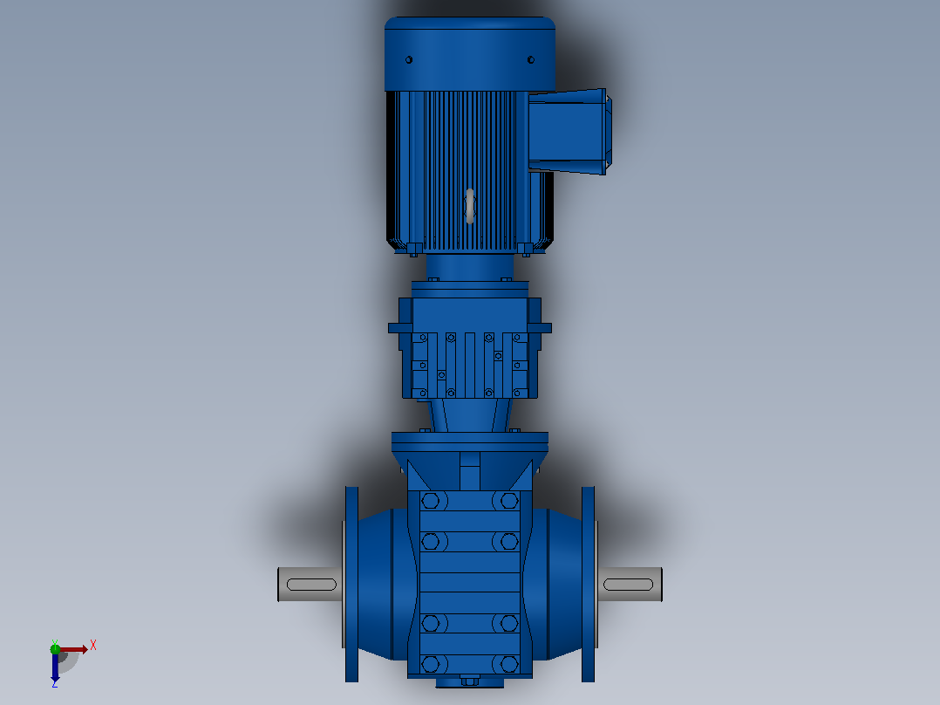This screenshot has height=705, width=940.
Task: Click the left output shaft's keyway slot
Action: pos(312,585)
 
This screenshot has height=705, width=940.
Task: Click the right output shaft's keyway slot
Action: pos(628,585)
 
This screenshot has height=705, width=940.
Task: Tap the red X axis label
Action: pos(93,646)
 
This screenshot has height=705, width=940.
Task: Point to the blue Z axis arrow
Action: pos(55,667)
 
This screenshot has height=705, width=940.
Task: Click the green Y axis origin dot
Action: pos(55,648)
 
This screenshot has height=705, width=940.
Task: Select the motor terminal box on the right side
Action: pos(569,132)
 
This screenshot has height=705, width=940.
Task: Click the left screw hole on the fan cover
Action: pos(409,59)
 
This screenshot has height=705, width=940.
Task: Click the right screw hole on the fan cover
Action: pos(530,59)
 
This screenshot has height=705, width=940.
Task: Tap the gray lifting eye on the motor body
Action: pos(470,207)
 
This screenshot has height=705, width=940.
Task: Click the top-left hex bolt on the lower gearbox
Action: pos(431,501)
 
